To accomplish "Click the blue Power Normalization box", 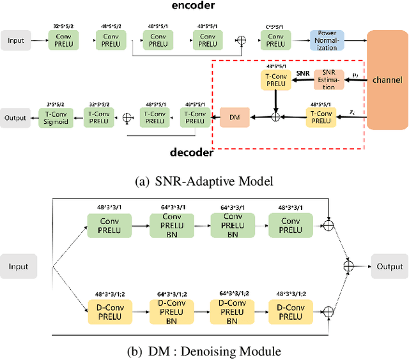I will (x=327, y=40).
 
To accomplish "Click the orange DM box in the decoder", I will (x=234, y=117).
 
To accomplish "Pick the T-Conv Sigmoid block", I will (x=59, y=117).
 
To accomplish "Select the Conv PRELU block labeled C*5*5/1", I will (x=276, y=40).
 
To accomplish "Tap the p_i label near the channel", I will (x=355, y=75).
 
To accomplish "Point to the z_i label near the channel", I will (x=353, y=112).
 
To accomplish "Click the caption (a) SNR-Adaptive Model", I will (x=204, y=181).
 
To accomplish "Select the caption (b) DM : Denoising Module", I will (x=204, y=350).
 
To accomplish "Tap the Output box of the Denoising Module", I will (x=388, y=266).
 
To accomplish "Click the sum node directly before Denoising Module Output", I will (x=349, y=266).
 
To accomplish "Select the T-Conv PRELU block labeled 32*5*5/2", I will (x=99, y=117).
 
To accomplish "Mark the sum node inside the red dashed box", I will (x=276, y=117).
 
